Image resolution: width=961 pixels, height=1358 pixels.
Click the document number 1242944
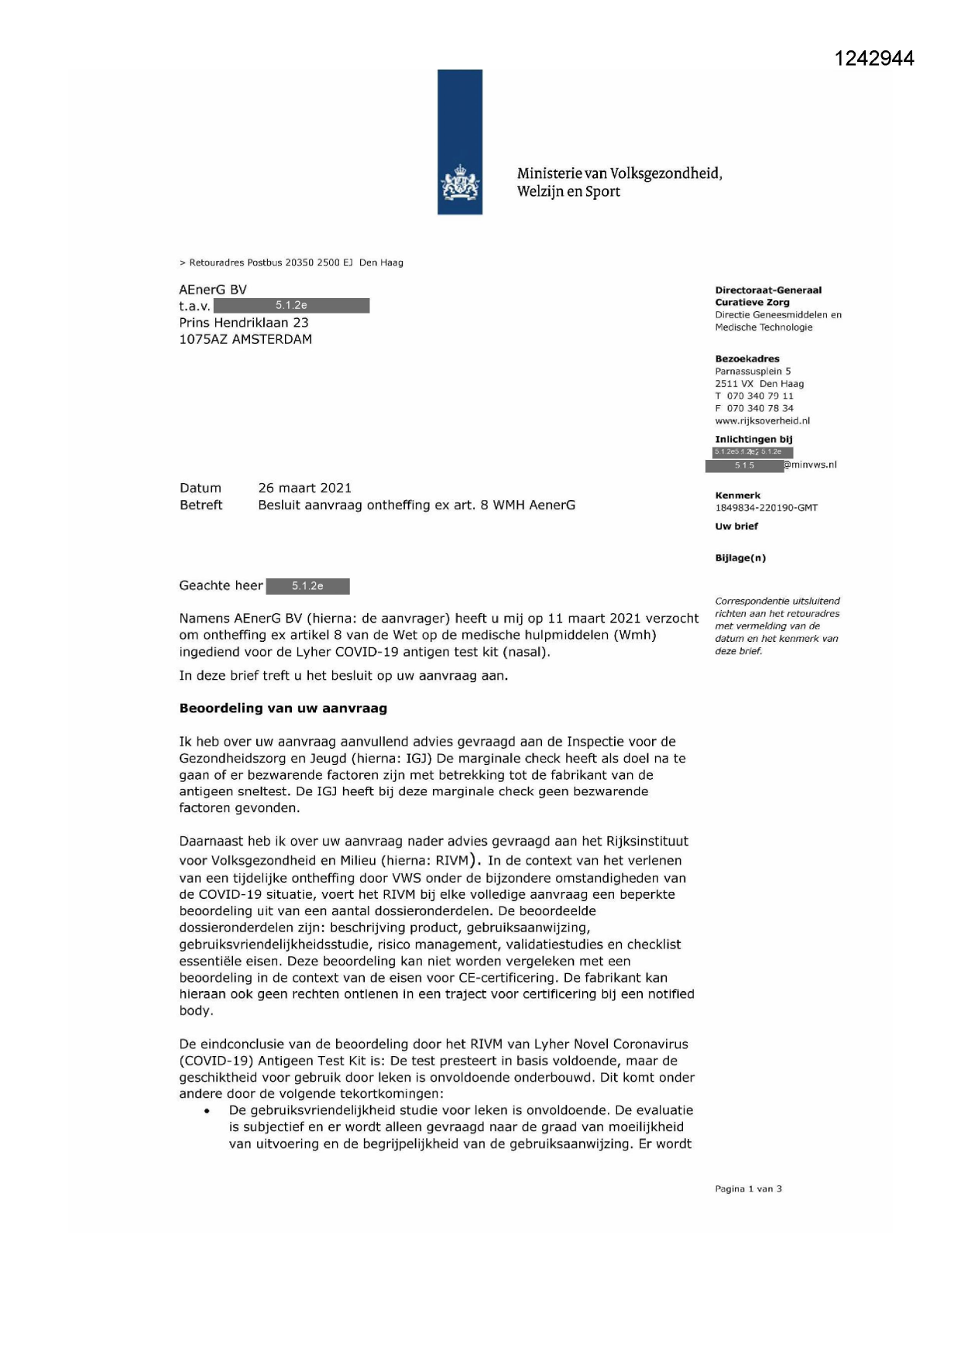pos(874,59)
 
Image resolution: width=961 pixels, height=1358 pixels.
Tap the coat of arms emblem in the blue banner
pos(460,186)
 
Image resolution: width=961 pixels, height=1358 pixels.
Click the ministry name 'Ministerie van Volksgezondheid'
pos(619,173)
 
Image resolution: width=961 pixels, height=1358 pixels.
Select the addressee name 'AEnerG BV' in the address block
pos(213,290)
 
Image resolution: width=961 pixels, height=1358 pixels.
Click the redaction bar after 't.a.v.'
pos(291,306)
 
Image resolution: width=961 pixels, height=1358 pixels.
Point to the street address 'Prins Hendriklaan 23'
pos(244,323)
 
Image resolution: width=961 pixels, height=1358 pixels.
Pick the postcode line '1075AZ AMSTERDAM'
pos(245,339)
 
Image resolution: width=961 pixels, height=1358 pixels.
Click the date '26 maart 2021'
pos(304,488)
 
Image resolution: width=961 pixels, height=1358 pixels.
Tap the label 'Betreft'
pos(201,505)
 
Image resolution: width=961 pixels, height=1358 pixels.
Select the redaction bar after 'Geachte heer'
pos(307,586)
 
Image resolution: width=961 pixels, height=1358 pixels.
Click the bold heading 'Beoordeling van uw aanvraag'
pos(283,708)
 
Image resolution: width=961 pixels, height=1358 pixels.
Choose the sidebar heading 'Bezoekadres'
pos(747,359)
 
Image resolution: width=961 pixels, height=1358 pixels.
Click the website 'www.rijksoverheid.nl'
pos(762,421)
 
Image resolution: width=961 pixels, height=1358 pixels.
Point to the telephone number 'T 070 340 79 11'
pos(754,396)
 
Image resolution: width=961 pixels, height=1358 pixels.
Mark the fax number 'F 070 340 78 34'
pos(754,409)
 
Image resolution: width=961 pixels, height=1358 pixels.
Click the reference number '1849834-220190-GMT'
pos(766,508)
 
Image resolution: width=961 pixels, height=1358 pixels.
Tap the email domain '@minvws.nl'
pos(810,465)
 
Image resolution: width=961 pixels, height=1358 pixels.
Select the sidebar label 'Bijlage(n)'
pos(740,558)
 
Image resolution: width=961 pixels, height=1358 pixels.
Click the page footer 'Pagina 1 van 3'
pos(748,1189)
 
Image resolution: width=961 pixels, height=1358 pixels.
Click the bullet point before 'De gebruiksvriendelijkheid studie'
pos(207,1111)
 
